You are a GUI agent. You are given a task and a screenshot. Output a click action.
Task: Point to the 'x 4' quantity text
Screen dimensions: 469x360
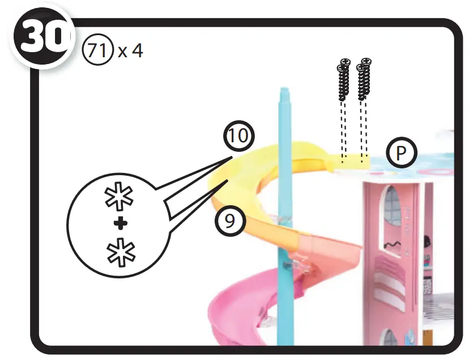click(131, 50)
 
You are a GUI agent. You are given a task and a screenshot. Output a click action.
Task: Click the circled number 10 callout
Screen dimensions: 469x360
click(238, 137)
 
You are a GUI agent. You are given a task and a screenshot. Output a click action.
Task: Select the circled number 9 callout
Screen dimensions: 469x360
click(229, 221)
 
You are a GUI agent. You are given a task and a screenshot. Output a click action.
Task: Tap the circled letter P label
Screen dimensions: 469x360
click(401, 153)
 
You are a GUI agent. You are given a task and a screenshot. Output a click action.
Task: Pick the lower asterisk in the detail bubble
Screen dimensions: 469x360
click(119, 250)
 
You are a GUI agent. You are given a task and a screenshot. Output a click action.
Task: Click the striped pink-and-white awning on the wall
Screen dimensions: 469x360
click(390, 278)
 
